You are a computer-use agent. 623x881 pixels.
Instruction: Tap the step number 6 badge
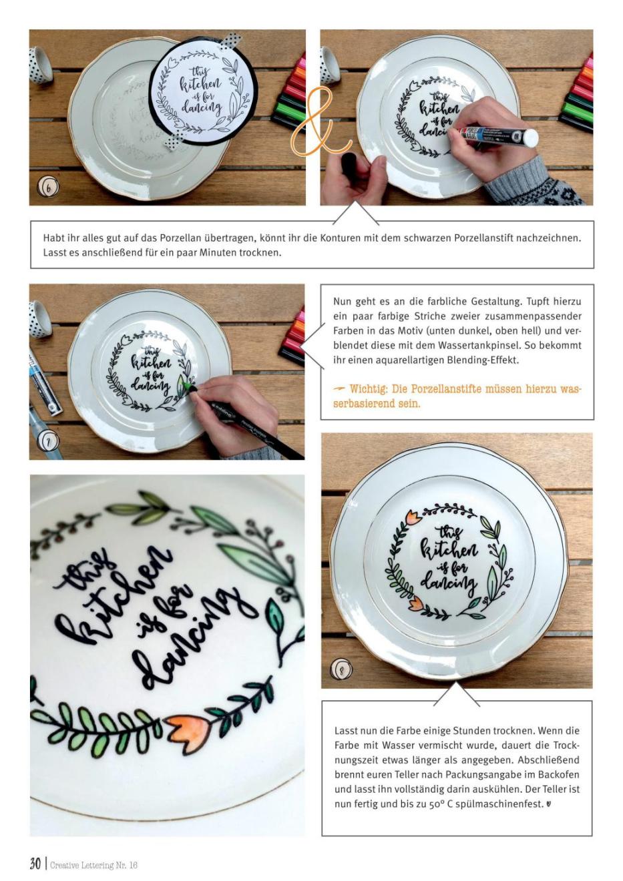pos(48,187)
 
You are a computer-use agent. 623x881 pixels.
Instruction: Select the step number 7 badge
pos(48,443)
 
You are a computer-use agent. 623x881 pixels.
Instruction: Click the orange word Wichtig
pos(365,389)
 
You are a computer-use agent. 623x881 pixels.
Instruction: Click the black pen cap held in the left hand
pos(349,164)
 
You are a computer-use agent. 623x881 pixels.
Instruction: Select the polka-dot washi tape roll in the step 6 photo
pos(41,65)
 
